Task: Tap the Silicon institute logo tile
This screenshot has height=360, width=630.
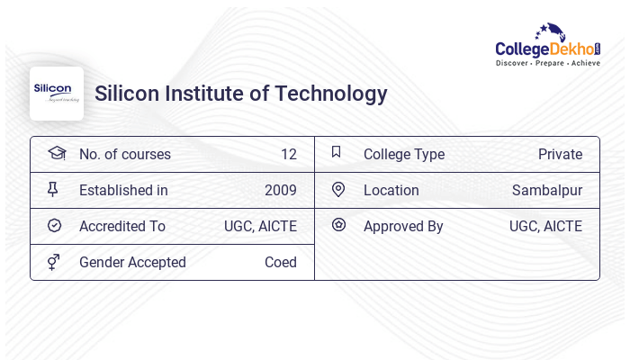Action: coord(57,94)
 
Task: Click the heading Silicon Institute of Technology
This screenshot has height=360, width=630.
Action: coord(241,94)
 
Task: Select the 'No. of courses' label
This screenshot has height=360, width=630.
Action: coord(125,154)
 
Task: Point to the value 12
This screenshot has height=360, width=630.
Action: coord(288,154)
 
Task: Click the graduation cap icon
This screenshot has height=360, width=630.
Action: coord(56,153)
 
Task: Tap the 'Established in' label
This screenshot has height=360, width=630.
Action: coord(123,190)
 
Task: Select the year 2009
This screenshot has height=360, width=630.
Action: coord(280,190)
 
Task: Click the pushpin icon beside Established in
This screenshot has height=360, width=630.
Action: coord(53,189)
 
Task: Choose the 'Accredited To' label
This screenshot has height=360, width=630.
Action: coord(122,226)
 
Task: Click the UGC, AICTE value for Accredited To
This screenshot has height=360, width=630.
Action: coord(260,226)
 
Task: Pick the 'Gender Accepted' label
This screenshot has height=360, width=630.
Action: coord(132,262)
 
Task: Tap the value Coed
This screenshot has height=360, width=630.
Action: coord(280,262)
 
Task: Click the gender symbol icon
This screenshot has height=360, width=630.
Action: coord(54,261)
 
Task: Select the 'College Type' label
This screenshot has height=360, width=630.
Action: coord(404,154)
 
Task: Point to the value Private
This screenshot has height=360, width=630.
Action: coord(560,154)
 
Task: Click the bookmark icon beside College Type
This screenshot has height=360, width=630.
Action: coord(337,152)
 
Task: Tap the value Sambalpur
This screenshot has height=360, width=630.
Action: coord(547,190)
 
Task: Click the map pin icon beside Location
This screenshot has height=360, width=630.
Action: coord(338,189)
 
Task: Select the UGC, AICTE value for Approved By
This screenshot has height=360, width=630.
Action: coord(545,226)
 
